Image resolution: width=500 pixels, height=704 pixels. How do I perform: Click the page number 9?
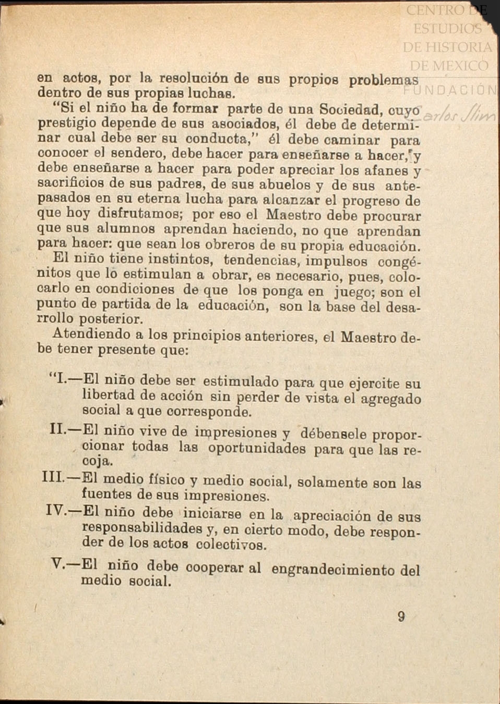tap(401, 616)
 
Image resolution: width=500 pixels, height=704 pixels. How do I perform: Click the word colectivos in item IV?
tap(231, 545)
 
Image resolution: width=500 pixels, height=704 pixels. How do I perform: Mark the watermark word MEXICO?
tap(449, 66)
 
